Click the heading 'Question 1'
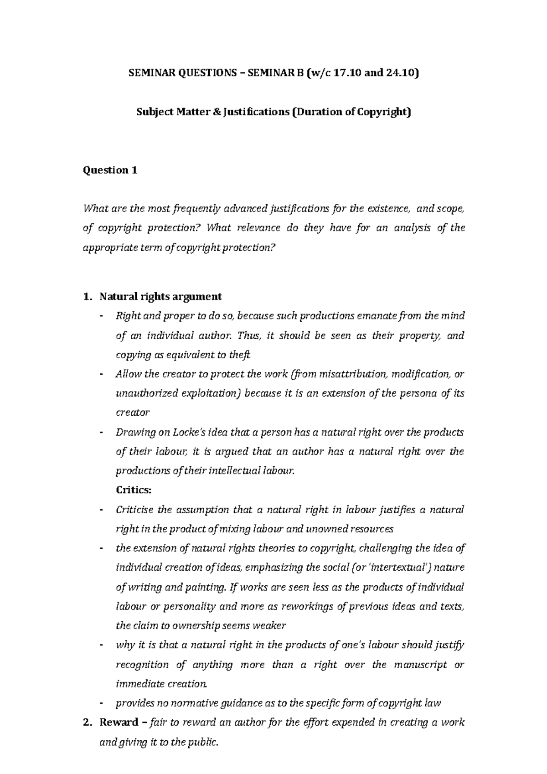(109, 170)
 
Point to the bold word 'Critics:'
(133, 490)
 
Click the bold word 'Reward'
(119, 722)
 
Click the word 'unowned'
(328, 529)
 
